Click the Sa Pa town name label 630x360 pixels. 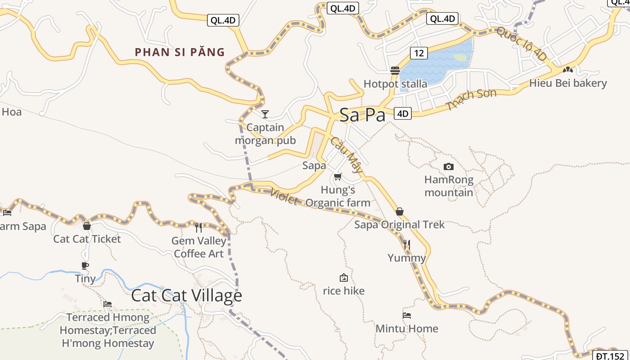(362, 115)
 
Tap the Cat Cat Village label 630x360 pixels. (186, 296)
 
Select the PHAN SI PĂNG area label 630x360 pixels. (180, 52)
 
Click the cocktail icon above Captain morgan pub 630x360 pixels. (265, 114)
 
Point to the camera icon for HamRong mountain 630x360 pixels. (448, 167)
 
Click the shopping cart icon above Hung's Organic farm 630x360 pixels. (338, 177)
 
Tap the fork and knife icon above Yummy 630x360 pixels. (407, 244)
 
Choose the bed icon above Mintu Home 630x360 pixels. (407, 315)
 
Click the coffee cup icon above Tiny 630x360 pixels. (85, 265)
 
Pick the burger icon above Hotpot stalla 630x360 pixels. (395, 70)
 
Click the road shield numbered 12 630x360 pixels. (418, 53)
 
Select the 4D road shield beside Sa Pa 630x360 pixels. (403, 113)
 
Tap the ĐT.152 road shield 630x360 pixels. (610, 355)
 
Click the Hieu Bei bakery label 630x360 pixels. (568, 83)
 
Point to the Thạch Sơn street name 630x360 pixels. (471, 99)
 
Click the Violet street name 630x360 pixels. (284, 197)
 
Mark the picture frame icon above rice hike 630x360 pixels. (344, 278)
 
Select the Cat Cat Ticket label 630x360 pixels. (87, 239)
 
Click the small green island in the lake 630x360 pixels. (460, 58)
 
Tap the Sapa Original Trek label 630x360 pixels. (399, 225)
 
